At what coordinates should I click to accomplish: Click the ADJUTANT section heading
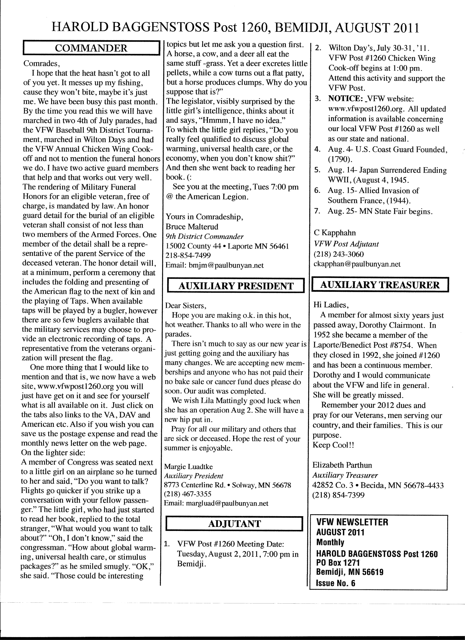234,524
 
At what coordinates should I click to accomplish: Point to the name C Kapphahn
335,233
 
